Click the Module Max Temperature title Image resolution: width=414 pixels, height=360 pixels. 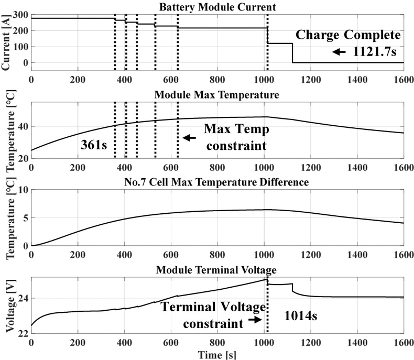click(216, 95)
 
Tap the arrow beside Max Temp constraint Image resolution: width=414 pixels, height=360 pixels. click(189, 138)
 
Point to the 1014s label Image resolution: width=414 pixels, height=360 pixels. click(302, 317)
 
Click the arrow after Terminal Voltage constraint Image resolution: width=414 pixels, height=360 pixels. click(255, 319)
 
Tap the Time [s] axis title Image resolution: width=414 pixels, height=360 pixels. click(216, 355)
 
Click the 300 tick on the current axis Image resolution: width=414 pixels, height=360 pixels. click(21, 15)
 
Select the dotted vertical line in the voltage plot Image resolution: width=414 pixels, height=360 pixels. click(267, 314)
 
